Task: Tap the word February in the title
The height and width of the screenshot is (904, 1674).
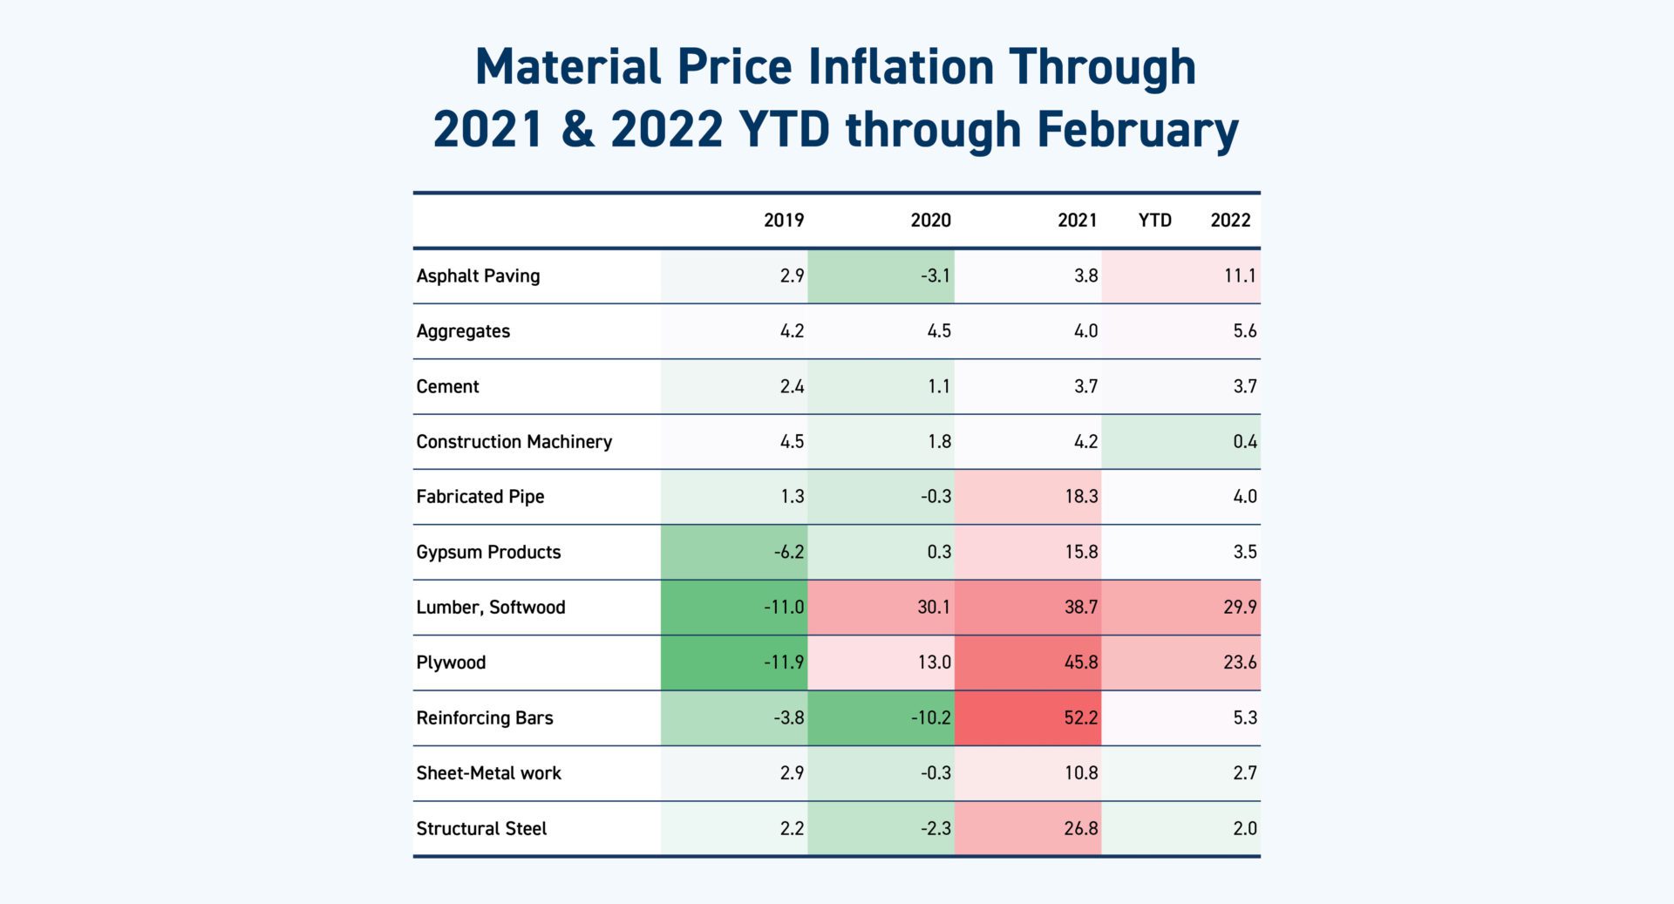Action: pos(1138,130)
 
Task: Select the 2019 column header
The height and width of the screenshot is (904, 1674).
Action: pos(783,221)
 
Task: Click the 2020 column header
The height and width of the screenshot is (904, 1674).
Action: pos(930,221)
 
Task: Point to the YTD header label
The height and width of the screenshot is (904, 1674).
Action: pos(1154,221)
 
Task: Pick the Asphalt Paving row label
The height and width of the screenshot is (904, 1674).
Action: pos(478,276)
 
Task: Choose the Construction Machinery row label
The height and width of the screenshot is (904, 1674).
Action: pos(514,442)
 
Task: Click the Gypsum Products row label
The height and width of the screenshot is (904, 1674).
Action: pos(488,552)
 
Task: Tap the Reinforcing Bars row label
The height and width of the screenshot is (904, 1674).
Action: pos(484,718)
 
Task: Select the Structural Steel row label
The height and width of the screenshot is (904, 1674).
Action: pos(481,829)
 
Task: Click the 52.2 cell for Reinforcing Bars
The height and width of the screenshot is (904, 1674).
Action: pos(1080,718)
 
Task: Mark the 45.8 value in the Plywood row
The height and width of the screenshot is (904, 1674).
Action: pos(1080,663)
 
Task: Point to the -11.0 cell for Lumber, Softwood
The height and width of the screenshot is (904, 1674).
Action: pos(783,608)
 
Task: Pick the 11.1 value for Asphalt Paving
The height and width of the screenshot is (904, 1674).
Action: pos(1239,276)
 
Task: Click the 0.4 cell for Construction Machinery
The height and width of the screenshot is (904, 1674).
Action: pos(1244,442)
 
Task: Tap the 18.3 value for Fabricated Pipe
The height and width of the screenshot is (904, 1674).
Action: pos(1080,497)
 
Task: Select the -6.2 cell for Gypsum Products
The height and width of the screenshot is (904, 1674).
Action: pos(788,552)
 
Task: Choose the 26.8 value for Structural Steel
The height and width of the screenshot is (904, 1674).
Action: pos(1080,829)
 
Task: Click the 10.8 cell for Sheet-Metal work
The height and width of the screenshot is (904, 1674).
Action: pos(1080,773)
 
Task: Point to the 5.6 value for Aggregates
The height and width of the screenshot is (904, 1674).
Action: pos(1244,331)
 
